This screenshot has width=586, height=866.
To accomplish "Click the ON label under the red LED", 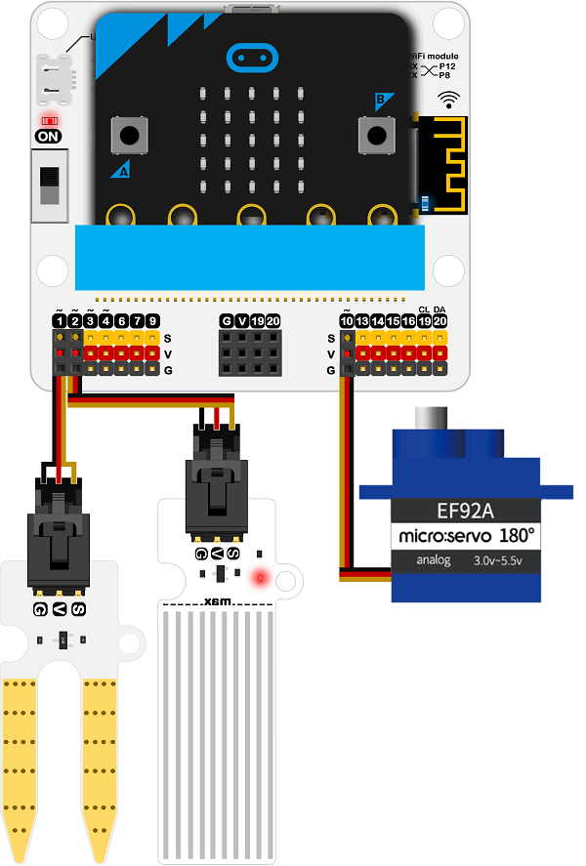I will click(x=47, y=137).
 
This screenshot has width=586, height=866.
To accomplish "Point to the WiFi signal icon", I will click(x=448, y=99).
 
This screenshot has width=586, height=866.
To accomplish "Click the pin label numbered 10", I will click(x=346, y=321).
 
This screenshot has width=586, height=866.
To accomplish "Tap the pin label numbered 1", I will click(x=60, y=321).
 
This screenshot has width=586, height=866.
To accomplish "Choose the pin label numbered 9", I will click(x=152, y=321).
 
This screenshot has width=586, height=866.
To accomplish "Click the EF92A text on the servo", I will click(x=465, y=509).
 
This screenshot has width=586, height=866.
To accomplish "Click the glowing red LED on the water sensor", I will click(x=259, y=578).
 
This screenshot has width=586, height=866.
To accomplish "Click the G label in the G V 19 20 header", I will click(x=227, y=321).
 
